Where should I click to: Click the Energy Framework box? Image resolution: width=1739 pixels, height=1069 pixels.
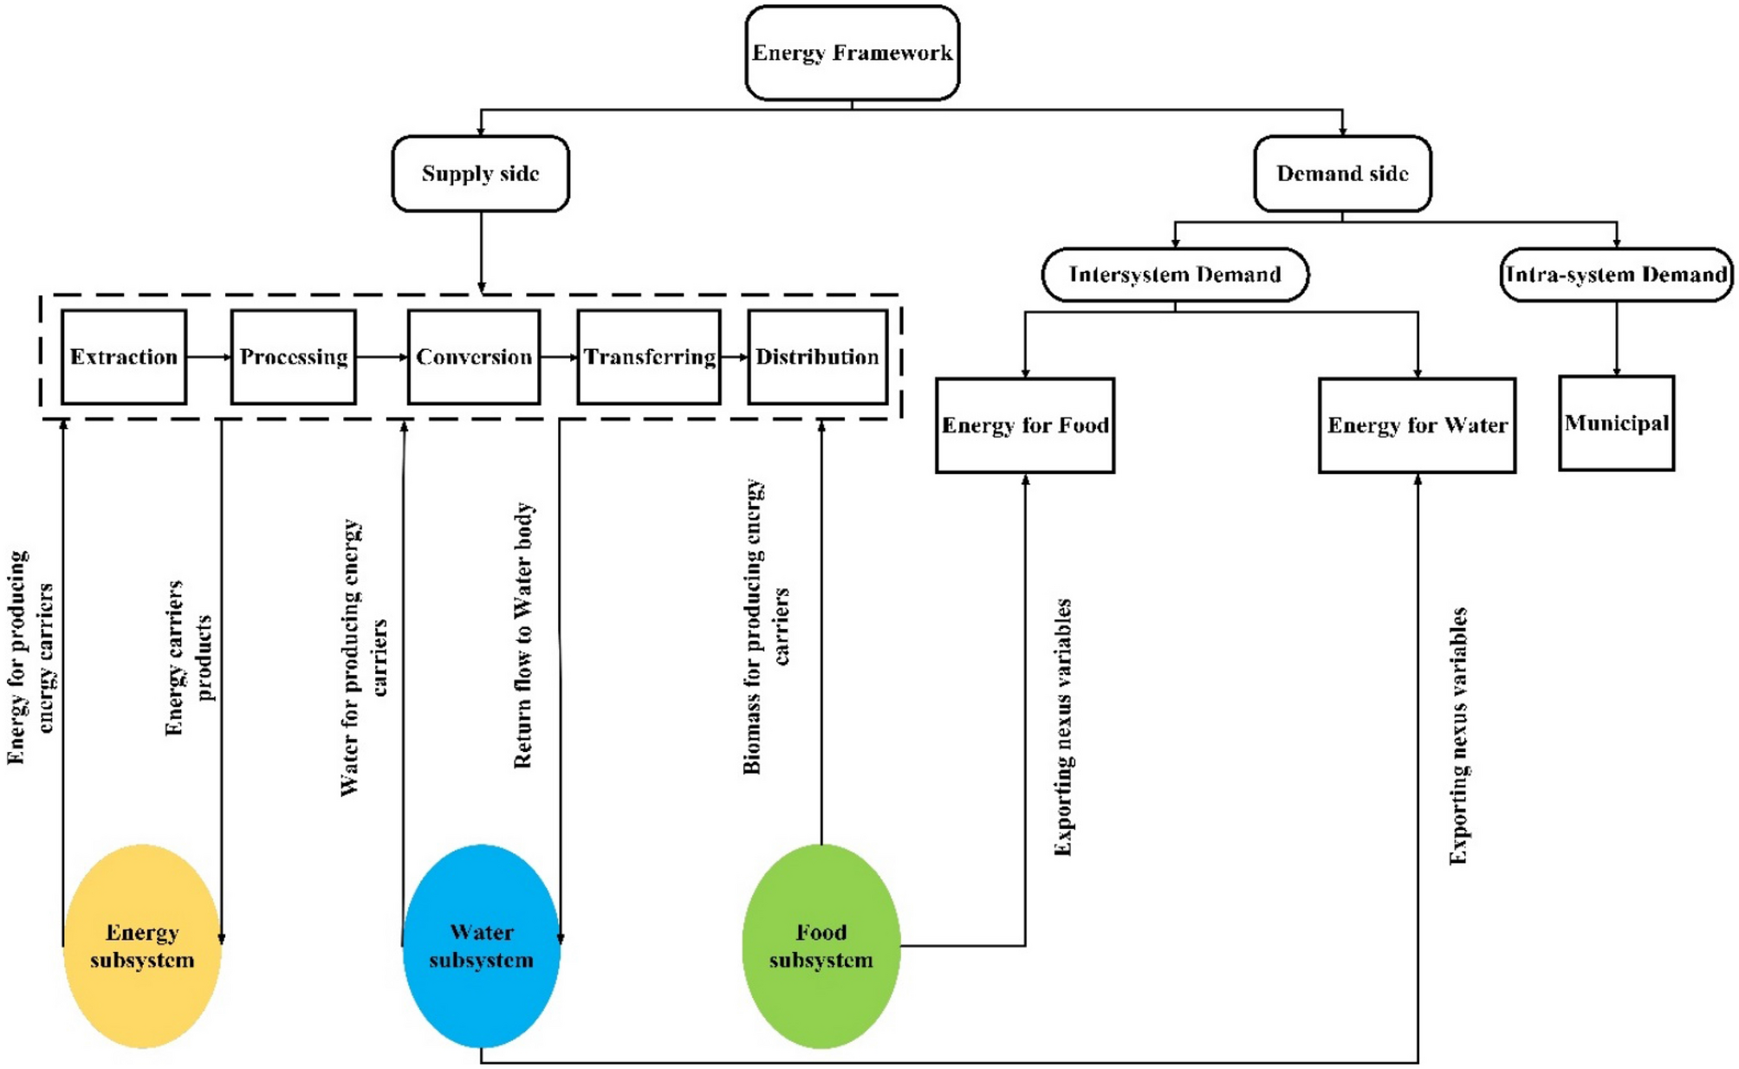pos(851,53)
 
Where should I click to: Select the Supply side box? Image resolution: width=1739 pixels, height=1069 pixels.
pos(480,173)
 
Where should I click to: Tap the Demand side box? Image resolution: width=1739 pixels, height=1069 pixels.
pos(1341,173)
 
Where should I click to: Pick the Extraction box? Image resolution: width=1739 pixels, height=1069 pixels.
pos(124,357)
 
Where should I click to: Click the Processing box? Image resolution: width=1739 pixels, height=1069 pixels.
pos(293,357)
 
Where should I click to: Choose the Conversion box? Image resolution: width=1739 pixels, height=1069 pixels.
pos(473,357)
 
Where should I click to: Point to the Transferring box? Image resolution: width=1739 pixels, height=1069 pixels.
pos(648,357)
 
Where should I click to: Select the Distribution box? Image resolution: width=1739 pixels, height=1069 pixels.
pos(816,357)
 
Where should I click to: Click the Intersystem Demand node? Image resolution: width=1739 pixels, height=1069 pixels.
pos(1174,275)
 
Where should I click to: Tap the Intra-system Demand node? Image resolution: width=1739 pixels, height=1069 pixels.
pos(1615,275)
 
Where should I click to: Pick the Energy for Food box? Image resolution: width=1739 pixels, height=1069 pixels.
pos(1024,424)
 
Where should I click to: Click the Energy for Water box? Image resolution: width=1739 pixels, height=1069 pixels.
pos(1417,424)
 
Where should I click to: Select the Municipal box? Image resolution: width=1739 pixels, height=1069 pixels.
pos(1615,423)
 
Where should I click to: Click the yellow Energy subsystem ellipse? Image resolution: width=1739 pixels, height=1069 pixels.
pos(142,945)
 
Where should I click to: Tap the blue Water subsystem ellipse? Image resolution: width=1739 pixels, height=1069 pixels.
pos(481,945)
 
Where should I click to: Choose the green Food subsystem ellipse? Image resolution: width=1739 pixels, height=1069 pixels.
pos(821,945)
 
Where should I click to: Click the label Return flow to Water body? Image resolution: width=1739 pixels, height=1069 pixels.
pos(523,635)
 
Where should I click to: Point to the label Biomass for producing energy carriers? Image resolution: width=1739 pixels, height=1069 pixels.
pos(766,625)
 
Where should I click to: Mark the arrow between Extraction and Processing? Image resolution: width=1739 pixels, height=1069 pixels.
pos(208,357)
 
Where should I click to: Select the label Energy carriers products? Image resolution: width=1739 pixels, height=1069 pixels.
pos(188,658)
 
